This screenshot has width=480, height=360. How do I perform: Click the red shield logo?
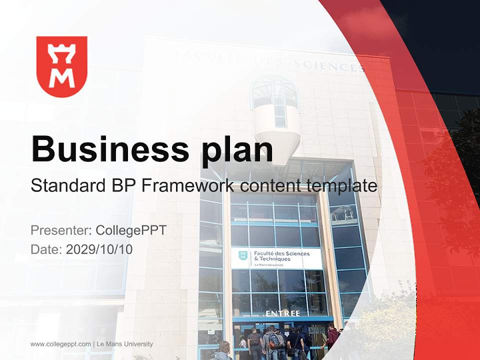tap(62, 66)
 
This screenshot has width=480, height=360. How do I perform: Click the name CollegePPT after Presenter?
tap(131, 230)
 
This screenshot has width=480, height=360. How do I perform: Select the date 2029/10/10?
tap(99, 249)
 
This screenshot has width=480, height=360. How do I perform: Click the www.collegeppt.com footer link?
tap(60, 344)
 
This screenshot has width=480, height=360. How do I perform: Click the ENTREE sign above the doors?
tap(282, 313)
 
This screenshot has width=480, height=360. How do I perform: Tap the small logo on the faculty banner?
tap(243, 256)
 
